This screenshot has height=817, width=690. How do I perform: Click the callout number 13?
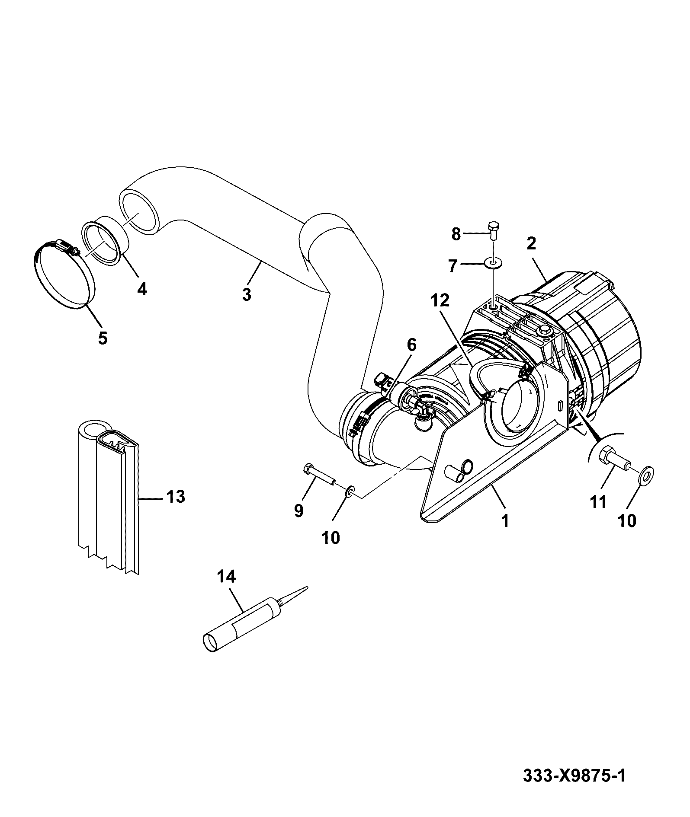tap(175, 497)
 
